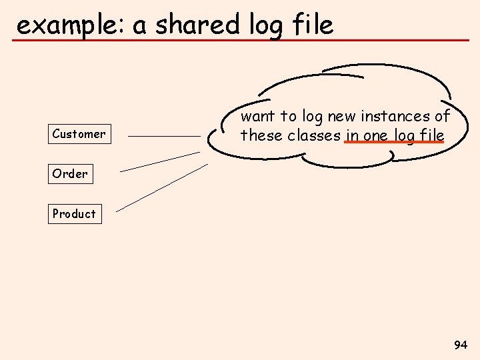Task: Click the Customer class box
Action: pyautogui.click(x=79, y=134)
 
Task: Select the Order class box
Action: pyautogui.click(x=70, y=174)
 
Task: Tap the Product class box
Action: pyautogui.click(x=75, y=214)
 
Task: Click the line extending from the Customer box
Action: pyautogui.click(x=164, y=136)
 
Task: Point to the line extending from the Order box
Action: pyautogui.click(x=160, y=161)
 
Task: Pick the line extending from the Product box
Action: pyautogui.click(x=162, y=189)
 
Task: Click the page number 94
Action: pyautogui.click(x=460, y=345)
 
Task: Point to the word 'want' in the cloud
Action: pyautogui.click(x=257, y=117)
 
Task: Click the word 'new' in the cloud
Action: pyautogui.click(x=341, y=117)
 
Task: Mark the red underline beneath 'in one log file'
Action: pyautogui.click(x=394, y=143)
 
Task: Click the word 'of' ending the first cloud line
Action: pyautogui.click(x=443, y=117)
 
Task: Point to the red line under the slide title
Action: pyautogui.click(x=240, y=41)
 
